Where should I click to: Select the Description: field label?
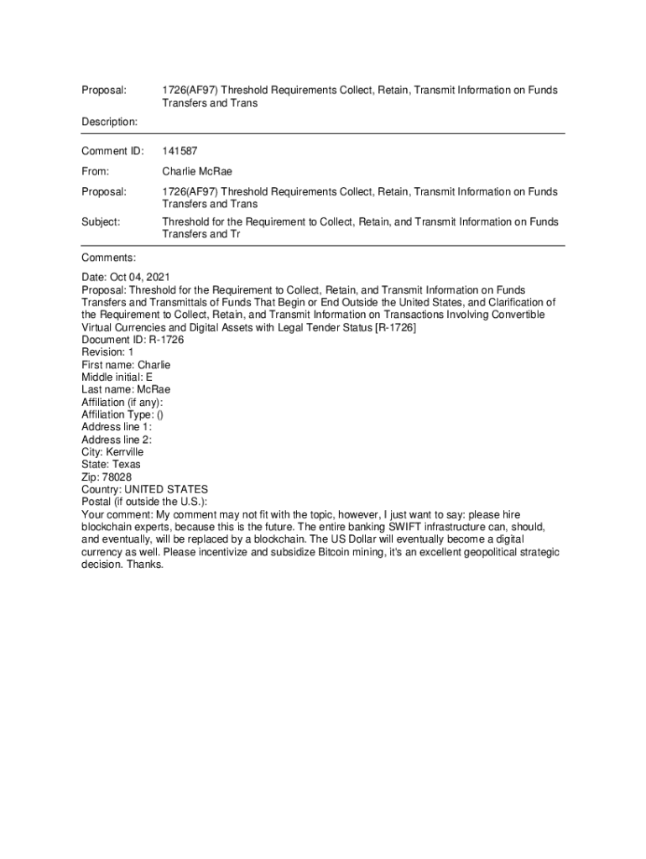110,122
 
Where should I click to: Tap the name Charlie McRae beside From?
197,171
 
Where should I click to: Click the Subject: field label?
101,221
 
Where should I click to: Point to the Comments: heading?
108,258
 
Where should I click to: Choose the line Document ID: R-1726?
133,340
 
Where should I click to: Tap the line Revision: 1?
107,352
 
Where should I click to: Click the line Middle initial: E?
117,377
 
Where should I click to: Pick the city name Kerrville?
124,452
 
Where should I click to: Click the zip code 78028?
117,477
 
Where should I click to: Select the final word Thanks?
146,565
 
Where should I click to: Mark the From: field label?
96,171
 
